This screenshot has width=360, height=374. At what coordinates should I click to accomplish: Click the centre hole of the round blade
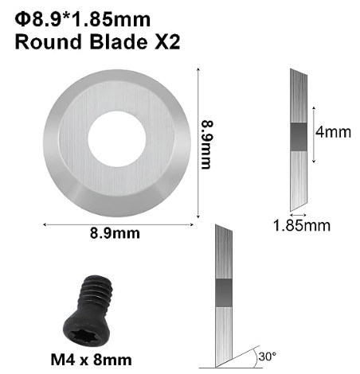tap(117, 139)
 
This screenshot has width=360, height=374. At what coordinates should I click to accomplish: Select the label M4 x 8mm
tap(91, 360)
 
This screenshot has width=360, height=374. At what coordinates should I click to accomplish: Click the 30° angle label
tap(268, 356)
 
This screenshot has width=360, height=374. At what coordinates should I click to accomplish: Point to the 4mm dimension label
tap(333, 132)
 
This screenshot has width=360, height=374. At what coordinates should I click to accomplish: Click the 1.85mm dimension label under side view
tap(302, 226)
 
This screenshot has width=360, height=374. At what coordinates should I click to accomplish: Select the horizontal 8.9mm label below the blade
tap(115, 233)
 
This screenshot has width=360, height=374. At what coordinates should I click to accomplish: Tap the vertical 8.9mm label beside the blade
tap(207, 145)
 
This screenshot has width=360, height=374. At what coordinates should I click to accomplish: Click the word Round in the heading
tap(48, 42)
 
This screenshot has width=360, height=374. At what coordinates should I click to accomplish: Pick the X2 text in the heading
tap(167, 42)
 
